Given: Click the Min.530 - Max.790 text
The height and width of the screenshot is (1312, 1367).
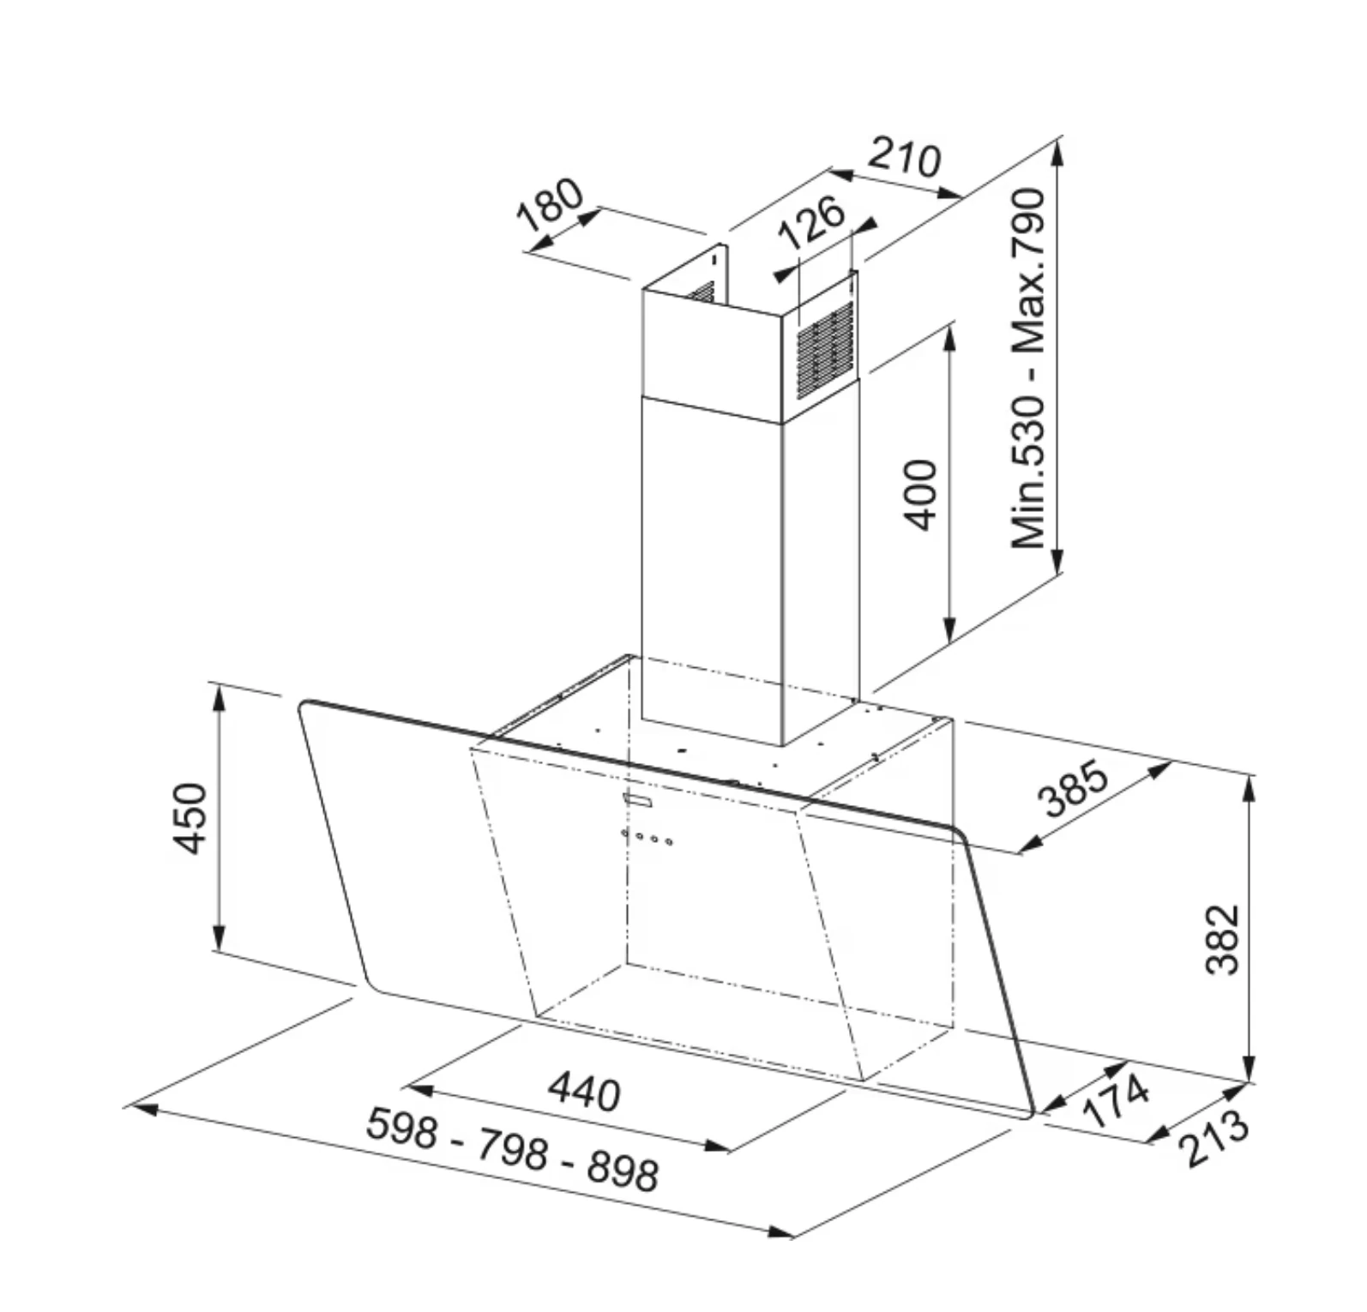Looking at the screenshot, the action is [x=1028, y=369].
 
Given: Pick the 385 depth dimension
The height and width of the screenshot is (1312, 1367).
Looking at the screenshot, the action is [x=1074, y=789].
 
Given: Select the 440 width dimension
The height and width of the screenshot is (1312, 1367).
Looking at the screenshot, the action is [x=584, y=1092].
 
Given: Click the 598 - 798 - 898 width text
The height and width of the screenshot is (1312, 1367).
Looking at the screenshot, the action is [x=513, y=1149].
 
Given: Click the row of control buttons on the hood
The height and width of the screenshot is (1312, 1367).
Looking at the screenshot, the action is [x=647, y=836].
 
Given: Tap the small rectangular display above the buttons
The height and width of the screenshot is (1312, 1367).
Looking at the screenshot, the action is [x=638, y=800].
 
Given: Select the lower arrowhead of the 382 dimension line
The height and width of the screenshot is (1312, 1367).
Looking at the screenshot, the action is [x=1250, y=1068].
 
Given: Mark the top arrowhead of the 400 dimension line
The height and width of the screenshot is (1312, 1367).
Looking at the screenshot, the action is [x=949, y=340].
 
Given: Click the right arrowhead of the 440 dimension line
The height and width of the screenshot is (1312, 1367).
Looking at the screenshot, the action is [x=719, y=1145].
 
